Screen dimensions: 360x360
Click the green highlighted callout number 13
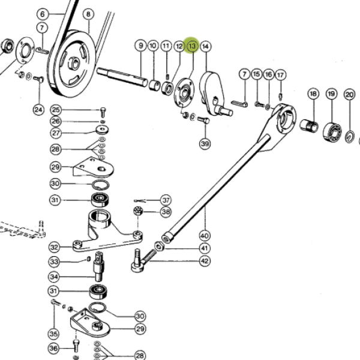(192, 46)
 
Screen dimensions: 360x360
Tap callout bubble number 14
(205, 46)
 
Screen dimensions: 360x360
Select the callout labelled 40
(205, 236)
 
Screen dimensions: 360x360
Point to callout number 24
(38, 110)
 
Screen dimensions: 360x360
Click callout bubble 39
(205, 144)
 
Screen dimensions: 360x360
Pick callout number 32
(54, 247)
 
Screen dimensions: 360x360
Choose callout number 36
(53, 348)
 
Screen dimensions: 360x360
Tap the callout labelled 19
(331, 94)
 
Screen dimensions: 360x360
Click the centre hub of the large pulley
(74, 64)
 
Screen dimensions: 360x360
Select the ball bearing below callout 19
(332, 131)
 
